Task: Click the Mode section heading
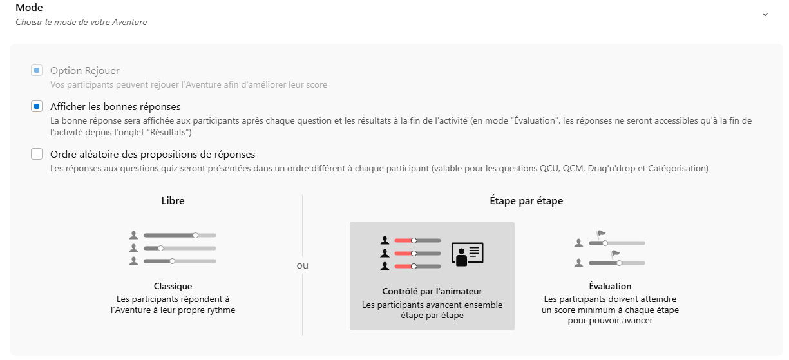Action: coord(29,7)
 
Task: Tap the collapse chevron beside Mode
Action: coord(765,14)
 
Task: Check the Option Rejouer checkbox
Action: coord(37,70)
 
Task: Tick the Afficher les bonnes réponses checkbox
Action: coord(37,106)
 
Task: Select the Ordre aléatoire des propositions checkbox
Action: coord(37,154)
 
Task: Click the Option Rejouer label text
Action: coord(84,70)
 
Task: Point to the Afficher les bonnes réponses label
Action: coord(115,106)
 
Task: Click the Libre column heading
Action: coord(173,200)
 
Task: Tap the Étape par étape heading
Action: coord(526,200)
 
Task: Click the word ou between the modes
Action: coord(302,265)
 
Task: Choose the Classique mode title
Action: coord(173,286)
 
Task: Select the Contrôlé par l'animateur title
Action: coord(432,291)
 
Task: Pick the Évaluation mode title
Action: coord(610,286)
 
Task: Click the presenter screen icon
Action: coord(468,254)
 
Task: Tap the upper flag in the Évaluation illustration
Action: coord(600,234)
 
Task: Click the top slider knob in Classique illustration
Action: coord(196,235)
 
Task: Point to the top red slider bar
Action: coord(404,241)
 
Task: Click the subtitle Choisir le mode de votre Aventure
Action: coord(81,22)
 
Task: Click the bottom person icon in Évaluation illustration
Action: coord(578,263)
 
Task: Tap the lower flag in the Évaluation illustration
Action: coord(615,254)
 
